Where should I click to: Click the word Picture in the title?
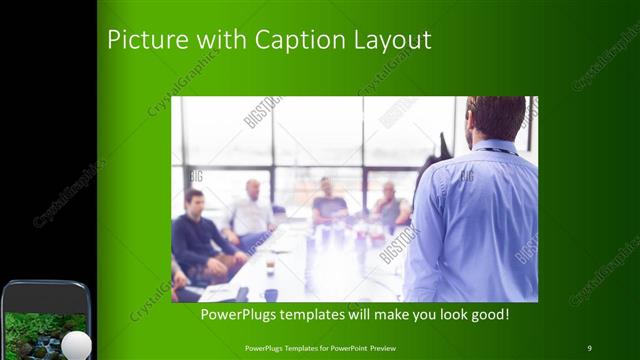142,40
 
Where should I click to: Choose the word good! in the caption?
489,315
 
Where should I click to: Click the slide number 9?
590,347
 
